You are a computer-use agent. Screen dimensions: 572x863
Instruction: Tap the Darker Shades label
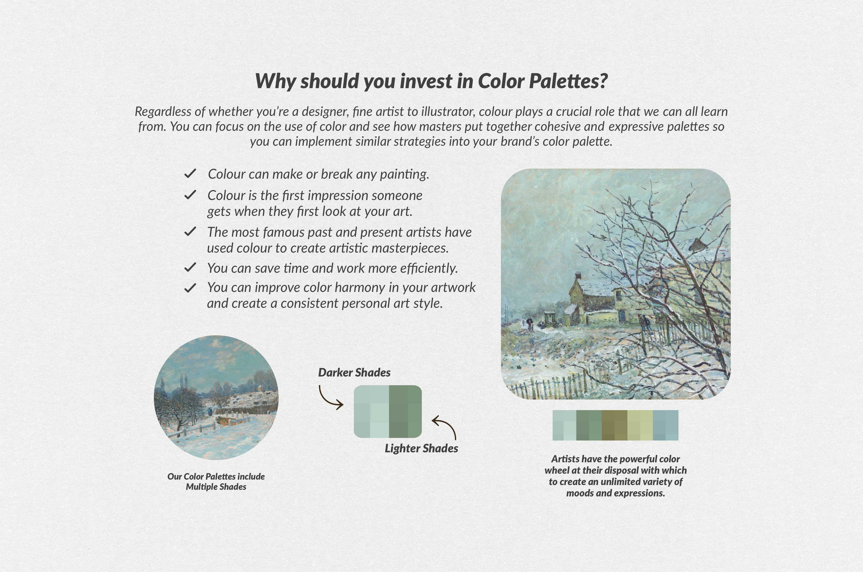pyautogui.click(x=354, y=372)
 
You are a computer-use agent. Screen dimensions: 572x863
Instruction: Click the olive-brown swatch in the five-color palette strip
pyautogui.click(x=614, y=425)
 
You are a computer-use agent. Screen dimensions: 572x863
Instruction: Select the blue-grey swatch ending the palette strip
pyautogui.click(x=665, y=425)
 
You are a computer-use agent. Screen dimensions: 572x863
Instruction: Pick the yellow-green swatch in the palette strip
pyautogui.click(x=640, y=425)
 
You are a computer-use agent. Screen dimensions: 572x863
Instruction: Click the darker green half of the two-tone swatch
pyautogui.click(x=405, y=412)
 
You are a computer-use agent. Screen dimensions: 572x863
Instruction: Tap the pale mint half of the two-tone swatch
pyautogui.click(x=371, y=412)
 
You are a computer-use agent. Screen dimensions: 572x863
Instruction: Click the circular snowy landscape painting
pyautogui.click(x=216, y=397)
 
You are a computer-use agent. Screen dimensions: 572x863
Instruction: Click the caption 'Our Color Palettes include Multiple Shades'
pyautogui.click(x=216, y=481)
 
